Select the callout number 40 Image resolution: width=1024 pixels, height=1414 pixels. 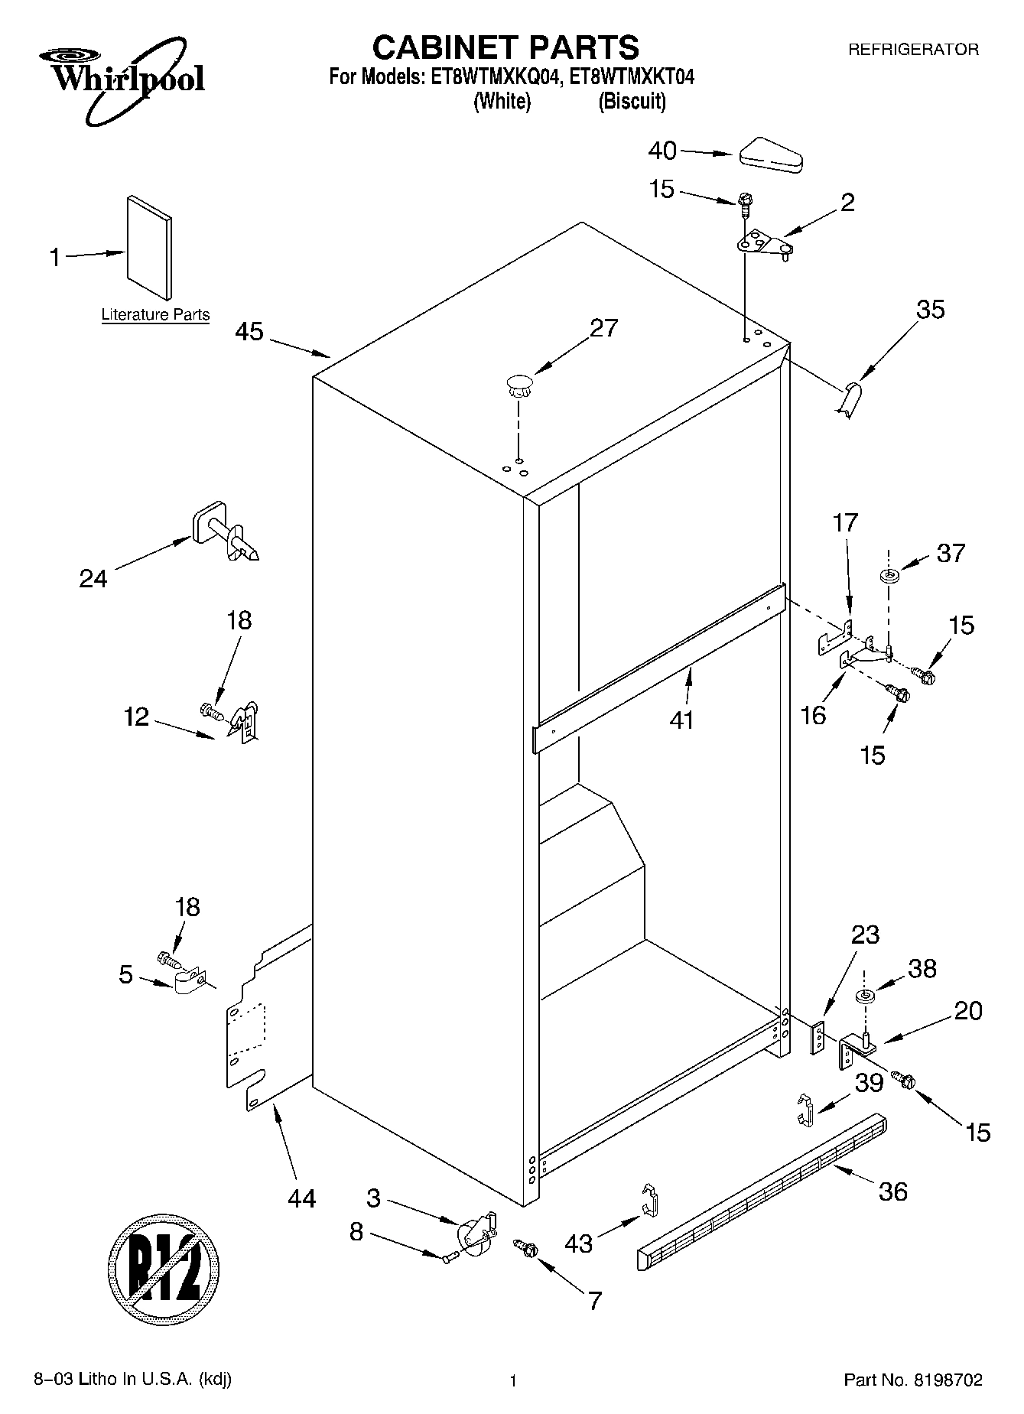point(662,151)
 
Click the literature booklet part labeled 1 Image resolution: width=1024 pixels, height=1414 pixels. point(150,247)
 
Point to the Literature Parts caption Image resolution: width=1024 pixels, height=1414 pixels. point(155,314)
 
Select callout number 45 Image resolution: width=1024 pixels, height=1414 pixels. point(249,332)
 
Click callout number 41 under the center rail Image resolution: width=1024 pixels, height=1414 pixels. point(681,720)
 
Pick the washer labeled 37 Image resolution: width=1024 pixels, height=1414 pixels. point(889,575)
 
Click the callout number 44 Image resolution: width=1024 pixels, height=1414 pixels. point(301,1198)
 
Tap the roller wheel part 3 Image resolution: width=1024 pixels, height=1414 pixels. point(475,1234)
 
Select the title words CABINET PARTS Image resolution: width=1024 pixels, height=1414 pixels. point(505,47)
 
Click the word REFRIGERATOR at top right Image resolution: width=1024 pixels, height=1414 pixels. point(913,50)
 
